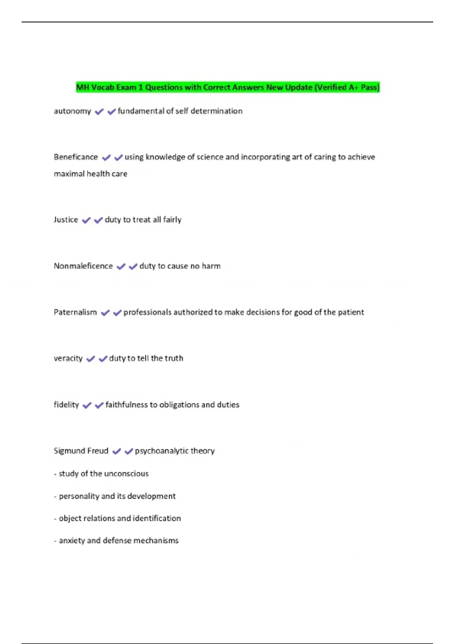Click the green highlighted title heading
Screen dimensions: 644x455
[227, 88]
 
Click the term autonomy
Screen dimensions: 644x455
[72, 111]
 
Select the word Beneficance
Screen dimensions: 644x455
[76, 157]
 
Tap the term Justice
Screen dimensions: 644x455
[66, 220]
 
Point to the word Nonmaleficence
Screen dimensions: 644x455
[83, 266]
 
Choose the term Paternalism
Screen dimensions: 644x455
[75, 312]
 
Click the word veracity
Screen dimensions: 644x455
[68, 358]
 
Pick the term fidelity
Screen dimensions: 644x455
[66, 405]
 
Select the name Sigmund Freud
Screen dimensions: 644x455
[81, 451]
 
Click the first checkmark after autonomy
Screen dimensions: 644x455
[99, 111]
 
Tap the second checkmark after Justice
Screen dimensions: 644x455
[99, 220]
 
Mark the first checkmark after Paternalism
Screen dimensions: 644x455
[105, 313]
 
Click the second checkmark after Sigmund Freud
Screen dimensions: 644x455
[129, 451]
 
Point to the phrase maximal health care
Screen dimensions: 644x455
[91, 174]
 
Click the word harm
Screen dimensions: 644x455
[211, 266]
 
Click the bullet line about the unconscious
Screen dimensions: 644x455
[101, 474]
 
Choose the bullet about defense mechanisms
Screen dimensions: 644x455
[116, 541]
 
